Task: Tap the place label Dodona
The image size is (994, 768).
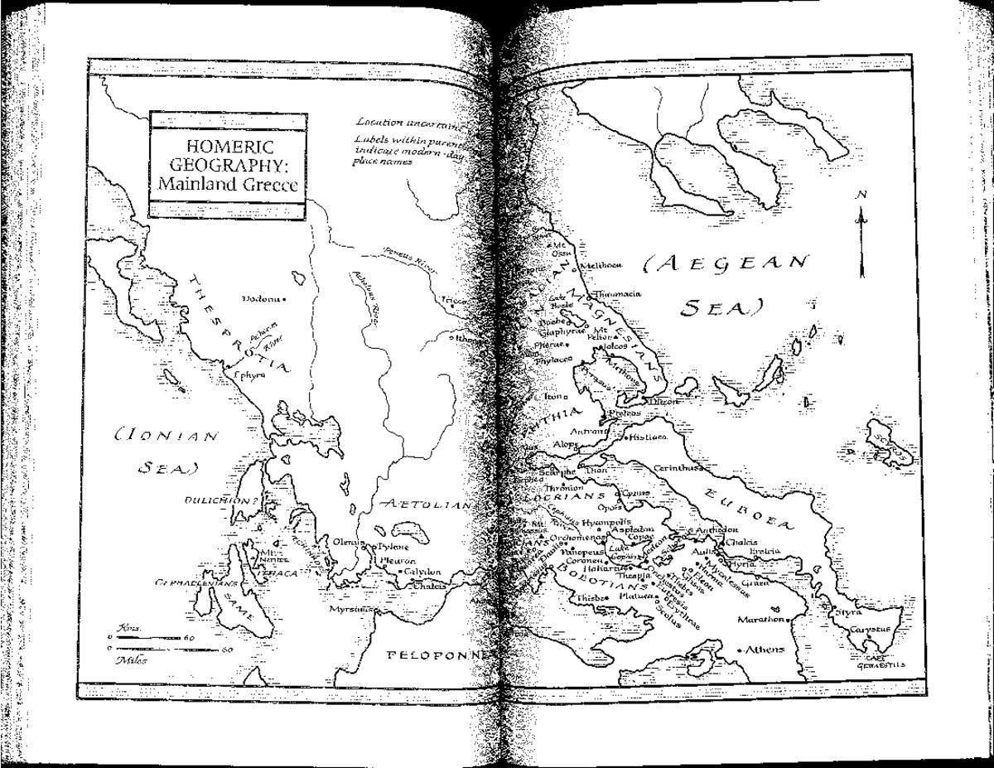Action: pos(260,297)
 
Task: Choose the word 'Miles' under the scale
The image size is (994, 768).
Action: pos(132,660)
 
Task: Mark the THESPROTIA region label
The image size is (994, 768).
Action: pos(239,323)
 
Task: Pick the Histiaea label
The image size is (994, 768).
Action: pos(650,436)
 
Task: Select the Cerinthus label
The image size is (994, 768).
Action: pos(678,468)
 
